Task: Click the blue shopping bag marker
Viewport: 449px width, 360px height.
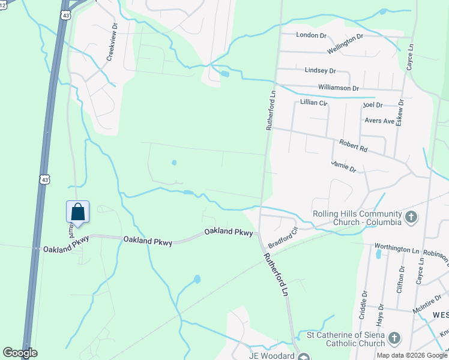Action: click(77, 212)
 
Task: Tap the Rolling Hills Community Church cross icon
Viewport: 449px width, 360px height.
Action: click(411, 217)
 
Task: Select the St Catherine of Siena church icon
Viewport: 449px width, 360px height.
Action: click(394, 340)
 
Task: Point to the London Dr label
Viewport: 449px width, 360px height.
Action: click(310, 35)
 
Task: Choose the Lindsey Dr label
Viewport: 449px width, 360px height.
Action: click(319, 70)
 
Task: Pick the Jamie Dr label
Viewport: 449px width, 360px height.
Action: click(343, 166)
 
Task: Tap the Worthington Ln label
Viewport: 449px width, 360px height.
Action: click(396, 247)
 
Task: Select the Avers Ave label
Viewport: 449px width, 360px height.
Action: click(380, 121)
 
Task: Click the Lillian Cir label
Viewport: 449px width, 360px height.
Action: click(315, 103)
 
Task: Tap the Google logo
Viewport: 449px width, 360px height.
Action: click(20, 353)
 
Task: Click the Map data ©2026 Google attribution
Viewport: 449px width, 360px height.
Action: click(412, 355)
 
